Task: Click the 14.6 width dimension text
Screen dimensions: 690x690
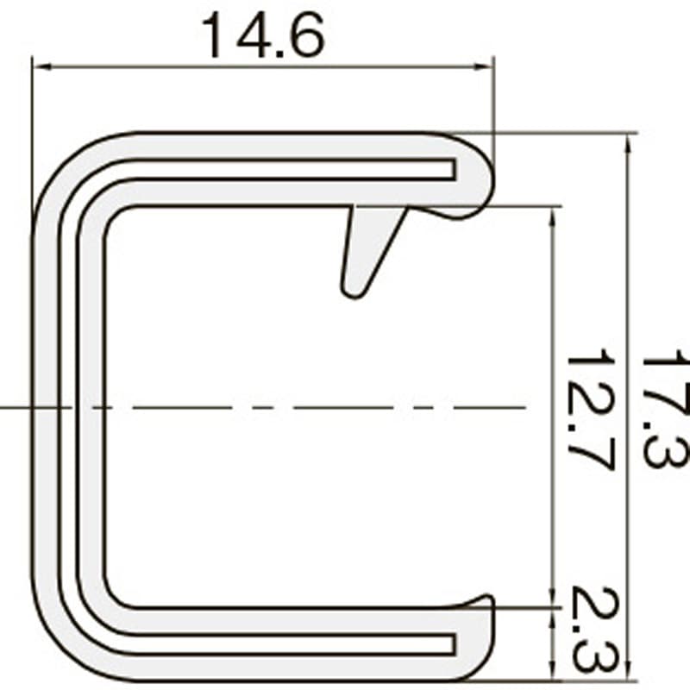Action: pyautogui.click(x=263, y=35)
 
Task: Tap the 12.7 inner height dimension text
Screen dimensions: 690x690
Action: pyautogui.click(x=590, y=409)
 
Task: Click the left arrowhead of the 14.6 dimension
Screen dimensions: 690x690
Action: pyautogui.click(x=41, y=66)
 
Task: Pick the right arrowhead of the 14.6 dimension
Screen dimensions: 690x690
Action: pyautogui.click(x=484, y=66)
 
